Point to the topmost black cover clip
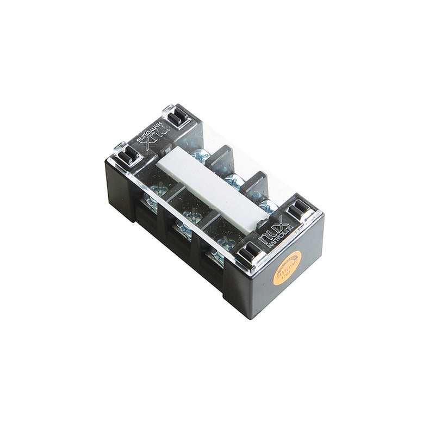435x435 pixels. click(x=177, y=116)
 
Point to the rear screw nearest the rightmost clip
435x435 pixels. click(x=266, y=204)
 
